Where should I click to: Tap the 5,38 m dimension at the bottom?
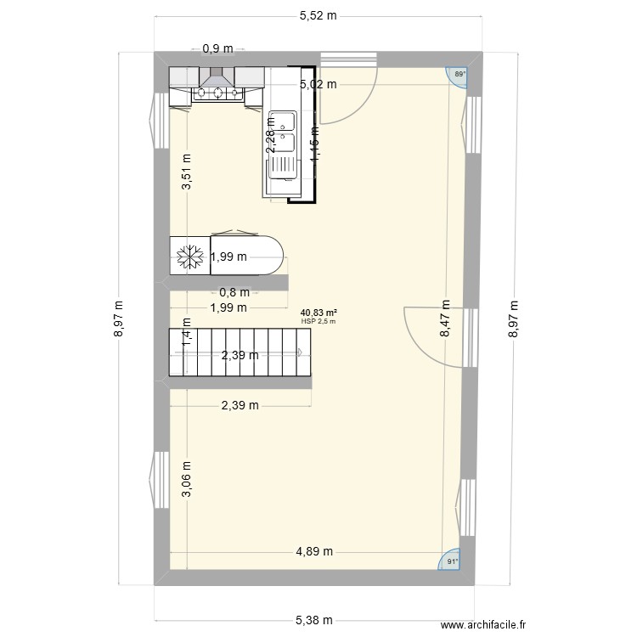click(x=316, y=621)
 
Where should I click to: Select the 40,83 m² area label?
click(x=318, y=313)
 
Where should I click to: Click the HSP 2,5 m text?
click(x=318, y=321)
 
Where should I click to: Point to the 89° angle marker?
click(x=459, y=76)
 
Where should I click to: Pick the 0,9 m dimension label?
click(x=216, y=49)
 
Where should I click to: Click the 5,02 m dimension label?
click(x=318, y=84)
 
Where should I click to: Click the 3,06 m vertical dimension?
click(x=186, y=482)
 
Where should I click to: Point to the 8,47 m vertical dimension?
click(x=445, y=320)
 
